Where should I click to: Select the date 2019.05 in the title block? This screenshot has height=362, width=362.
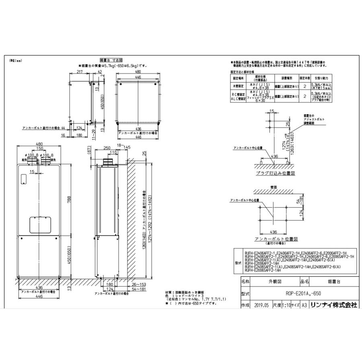[262, 305]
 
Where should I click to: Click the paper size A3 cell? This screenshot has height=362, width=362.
[304, 305]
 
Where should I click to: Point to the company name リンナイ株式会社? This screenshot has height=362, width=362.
[334, 305]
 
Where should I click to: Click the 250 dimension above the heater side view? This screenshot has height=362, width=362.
[107, 149]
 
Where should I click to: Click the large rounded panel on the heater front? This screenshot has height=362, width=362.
[39, 224]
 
